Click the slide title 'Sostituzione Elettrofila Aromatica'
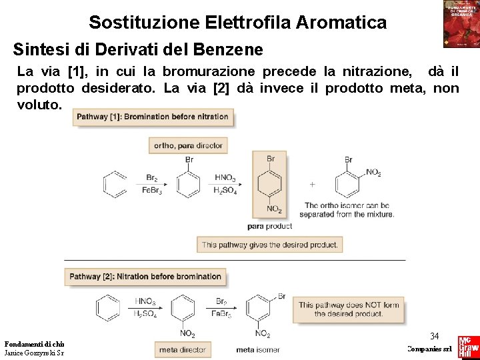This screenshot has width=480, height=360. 237,23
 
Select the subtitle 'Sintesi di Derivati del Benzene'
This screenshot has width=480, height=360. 138,50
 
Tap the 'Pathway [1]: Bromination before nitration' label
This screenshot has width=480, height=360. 152,117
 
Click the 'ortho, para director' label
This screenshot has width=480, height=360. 188,145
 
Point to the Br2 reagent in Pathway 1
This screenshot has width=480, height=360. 152,178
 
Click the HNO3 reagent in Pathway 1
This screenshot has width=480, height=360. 225,178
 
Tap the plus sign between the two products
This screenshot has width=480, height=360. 312,183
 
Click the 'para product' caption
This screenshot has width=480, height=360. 269,226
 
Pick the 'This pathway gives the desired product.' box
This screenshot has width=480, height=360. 270,245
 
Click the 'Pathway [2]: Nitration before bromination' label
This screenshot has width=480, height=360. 145,277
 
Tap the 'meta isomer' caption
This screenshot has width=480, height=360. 259,349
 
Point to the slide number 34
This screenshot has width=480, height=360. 434,336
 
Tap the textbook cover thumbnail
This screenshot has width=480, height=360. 461,24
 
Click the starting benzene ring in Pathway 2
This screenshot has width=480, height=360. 107,307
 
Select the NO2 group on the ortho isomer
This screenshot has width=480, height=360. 373,173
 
